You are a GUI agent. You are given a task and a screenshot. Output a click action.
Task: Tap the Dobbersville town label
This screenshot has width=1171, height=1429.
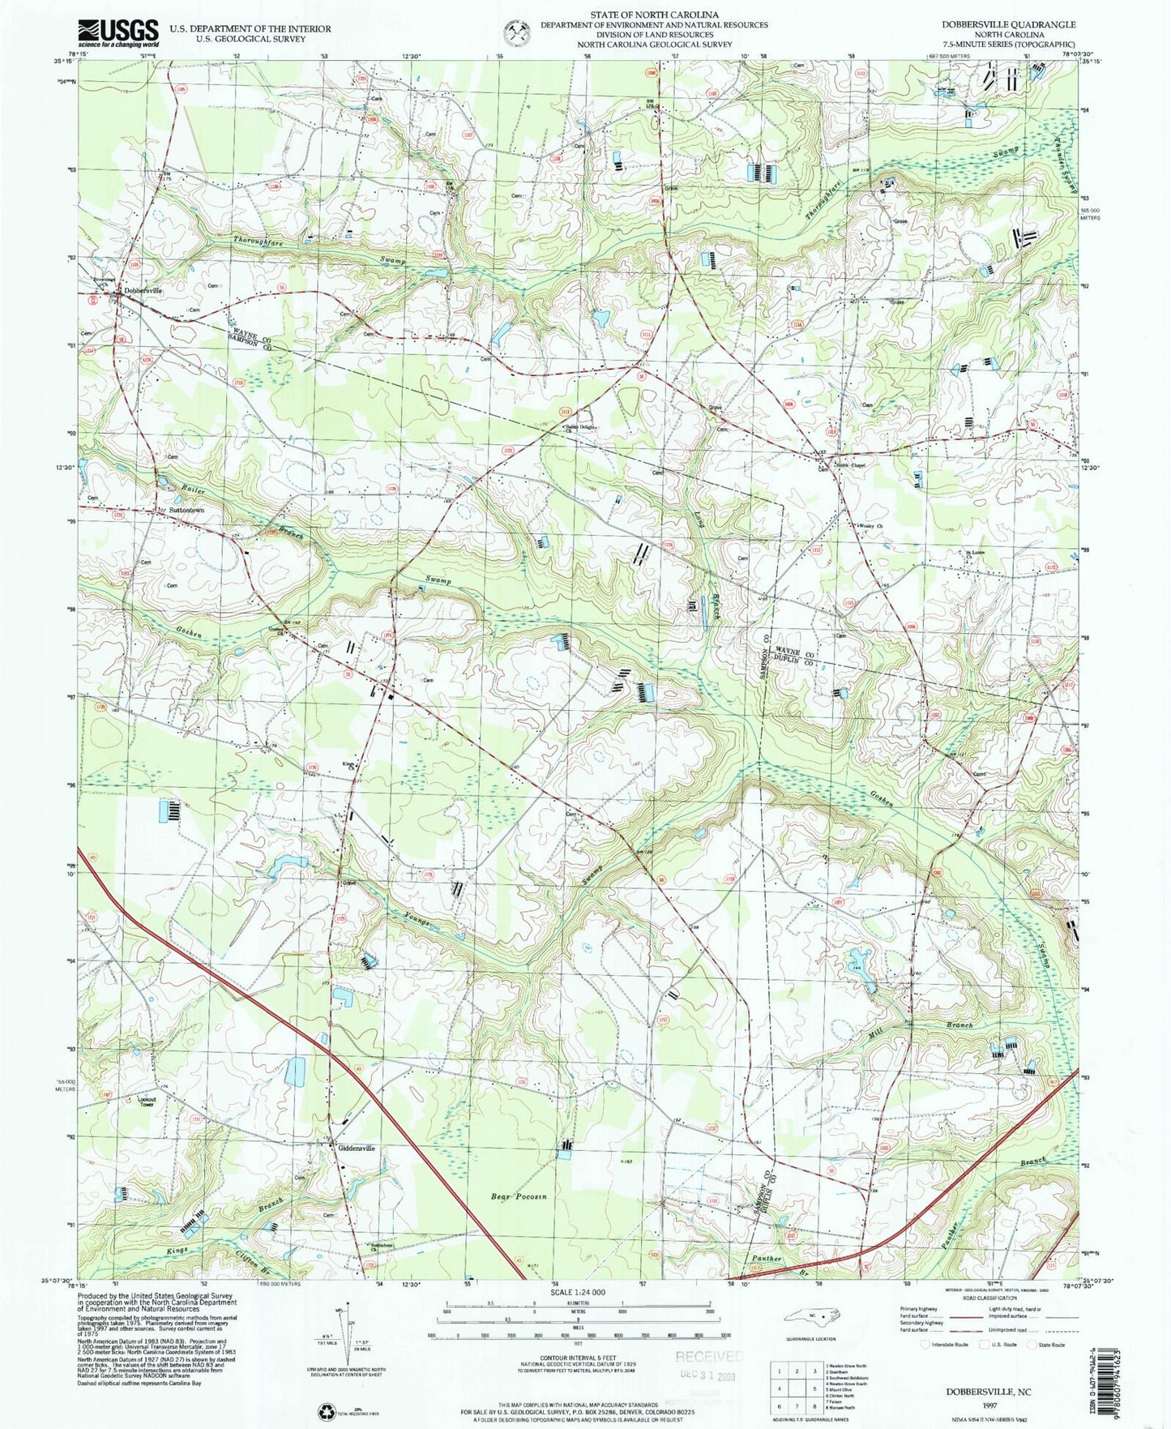pyautogui.click(x=143, y=290)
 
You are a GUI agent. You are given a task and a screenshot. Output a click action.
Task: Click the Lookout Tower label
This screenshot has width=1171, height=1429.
pyautogui.click(x=146, y=1102)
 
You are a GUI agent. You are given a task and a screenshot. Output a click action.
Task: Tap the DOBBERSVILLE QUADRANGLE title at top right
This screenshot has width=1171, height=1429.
pyautogui.click(x=1018, y=25)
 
